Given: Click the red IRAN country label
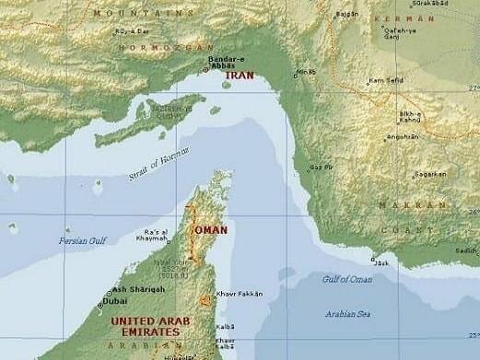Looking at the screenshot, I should click(238, 75).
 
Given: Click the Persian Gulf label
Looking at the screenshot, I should click(83, 240).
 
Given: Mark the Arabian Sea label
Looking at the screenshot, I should click(347, 314).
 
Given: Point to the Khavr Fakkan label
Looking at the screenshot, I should click(240, 294).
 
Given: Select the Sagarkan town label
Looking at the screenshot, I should click(430, 173).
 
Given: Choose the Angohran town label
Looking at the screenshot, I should click(403, 137).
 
